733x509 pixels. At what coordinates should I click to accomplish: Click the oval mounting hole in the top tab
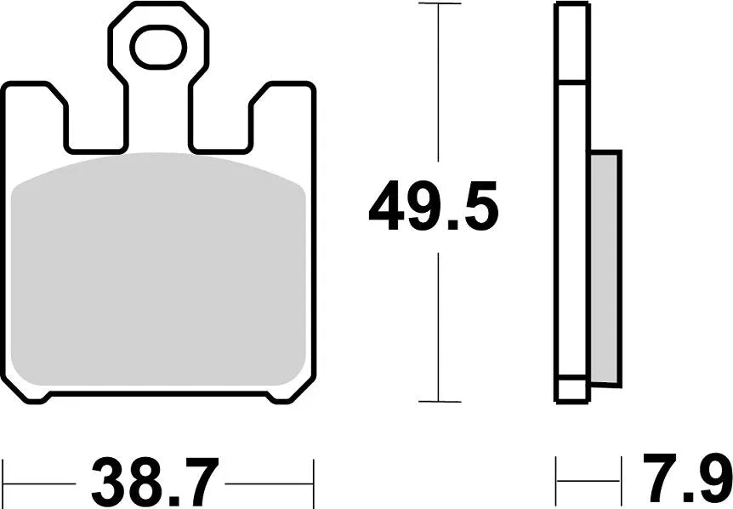tap(158, 47)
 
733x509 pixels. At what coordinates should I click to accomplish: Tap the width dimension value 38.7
tap(156, 483)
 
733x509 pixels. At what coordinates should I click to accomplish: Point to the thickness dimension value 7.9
tap(686, 483)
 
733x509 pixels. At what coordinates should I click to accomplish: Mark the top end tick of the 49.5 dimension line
tap(439, 4)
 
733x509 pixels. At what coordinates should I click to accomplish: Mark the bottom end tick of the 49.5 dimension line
tap(439, 401)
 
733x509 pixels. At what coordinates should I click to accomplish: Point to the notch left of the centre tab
tap(96, 128)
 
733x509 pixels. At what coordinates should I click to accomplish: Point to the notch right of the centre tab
tap(219, 128)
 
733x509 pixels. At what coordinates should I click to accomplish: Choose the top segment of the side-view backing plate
tap(571, 43)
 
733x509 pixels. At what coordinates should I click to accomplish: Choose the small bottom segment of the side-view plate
tap(571, 390)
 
